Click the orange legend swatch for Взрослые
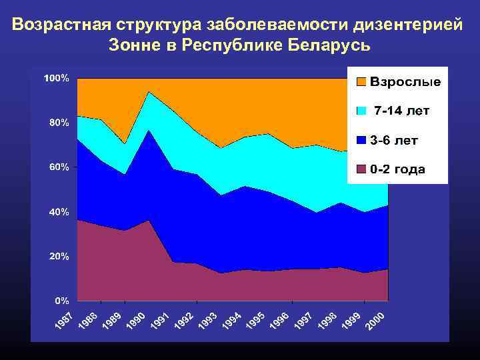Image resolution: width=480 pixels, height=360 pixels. pyautogui.click(x=361, y=82)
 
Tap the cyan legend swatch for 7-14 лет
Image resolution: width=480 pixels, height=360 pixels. pyautogui.click(x=361, y=111)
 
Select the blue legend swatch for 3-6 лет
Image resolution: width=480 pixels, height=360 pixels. pyautogui.click(x=361, y=140)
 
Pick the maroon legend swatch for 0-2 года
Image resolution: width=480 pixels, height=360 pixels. pyautogui.click(x=361, y=169)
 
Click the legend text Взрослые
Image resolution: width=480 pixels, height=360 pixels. pyautogui.click(x=405, y=82)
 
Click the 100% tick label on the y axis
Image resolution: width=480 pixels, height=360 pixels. pyautogui.click(x=56, y=79)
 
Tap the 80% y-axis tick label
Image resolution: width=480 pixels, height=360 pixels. pyautogui.click(x=58, y=123)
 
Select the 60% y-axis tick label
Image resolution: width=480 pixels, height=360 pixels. pyautogui.click(x=58, y=167)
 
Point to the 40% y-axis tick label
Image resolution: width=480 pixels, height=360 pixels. pyautogui.click(x=58, y=212)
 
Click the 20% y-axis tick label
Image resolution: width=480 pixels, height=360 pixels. pyautogui.click(x=58, y=256)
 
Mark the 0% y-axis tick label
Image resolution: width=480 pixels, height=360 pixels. pyautogui.click(x=61, y=301)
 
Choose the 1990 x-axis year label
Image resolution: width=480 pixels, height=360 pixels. pyautogui.click(x=136, y=321)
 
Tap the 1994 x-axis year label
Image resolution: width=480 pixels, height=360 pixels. pyautogui.click(x=231, y=321)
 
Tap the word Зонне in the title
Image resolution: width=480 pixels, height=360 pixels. pyautogui.click(x=133, y=45)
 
